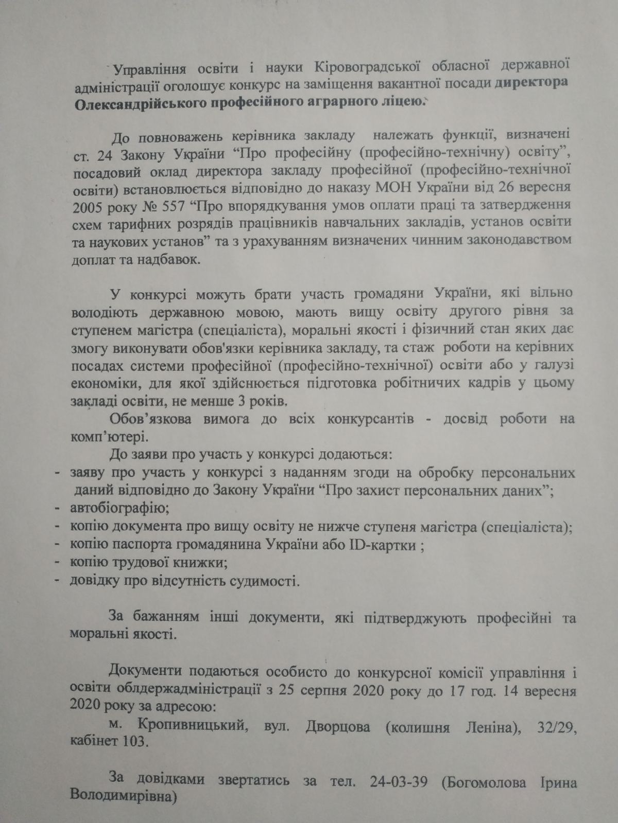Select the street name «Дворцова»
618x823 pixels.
(337, 727)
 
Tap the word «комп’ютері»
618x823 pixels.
(106, 437)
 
